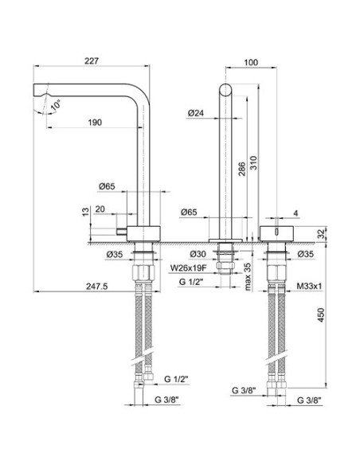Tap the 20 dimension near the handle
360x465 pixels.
pos(100,209)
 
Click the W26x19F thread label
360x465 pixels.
pos(190,268)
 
